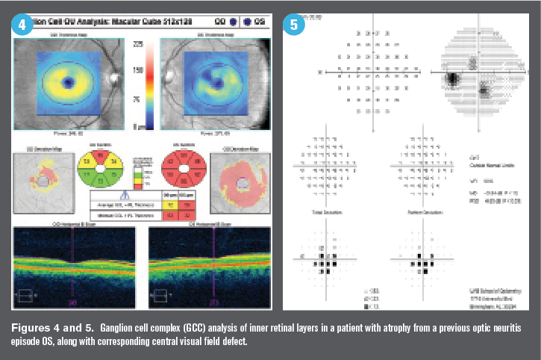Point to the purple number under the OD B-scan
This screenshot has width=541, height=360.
[x=72, y=303]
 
